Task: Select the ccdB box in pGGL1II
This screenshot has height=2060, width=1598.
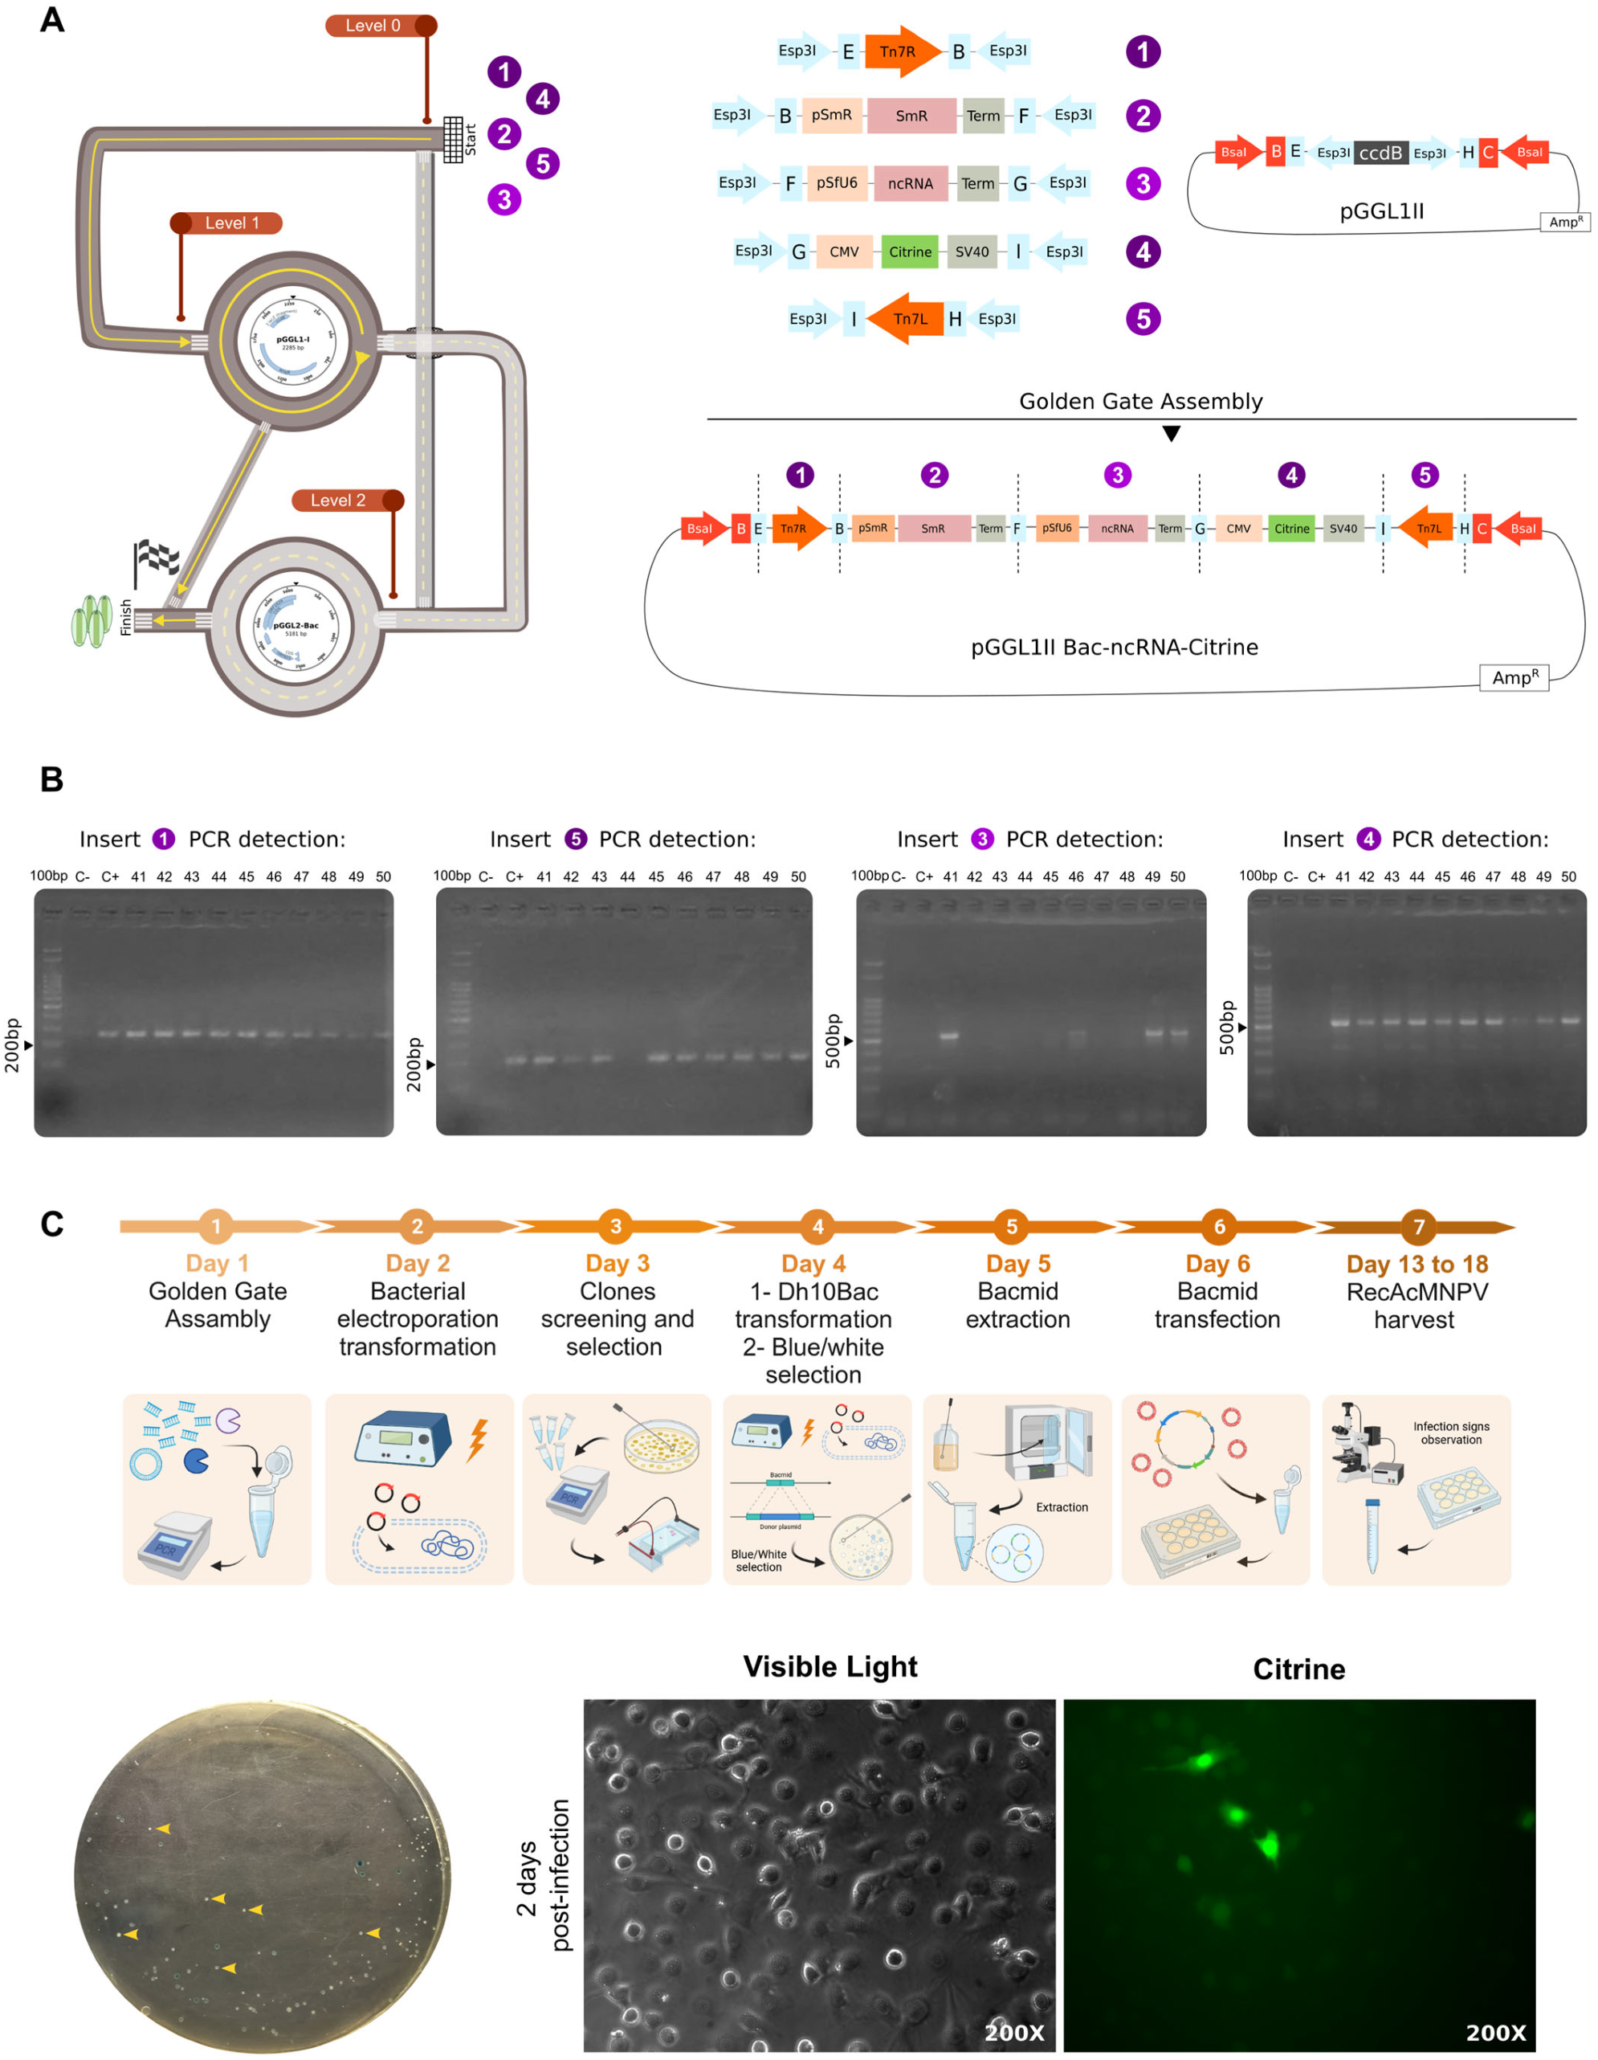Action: tap(1380, 153)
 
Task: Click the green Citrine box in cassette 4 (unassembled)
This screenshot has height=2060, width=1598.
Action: tap(910, 251)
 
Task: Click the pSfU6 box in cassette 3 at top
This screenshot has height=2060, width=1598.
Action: tap(836, 183)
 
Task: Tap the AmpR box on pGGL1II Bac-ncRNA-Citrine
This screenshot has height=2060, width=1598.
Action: tap(1513, 678)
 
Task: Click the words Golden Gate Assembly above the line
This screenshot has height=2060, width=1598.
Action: tap(1139, 402)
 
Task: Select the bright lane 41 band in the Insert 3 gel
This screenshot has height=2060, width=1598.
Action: tap(948, 1036)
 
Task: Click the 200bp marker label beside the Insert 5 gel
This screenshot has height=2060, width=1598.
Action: tap(413, 1065)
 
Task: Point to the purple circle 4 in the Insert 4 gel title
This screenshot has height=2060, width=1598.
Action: tap(1368, 839)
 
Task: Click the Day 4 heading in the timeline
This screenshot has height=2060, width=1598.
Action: tap(813, 1264)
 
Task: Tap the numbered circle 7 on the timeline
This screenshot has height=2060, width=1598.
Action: tap(1418, 1226)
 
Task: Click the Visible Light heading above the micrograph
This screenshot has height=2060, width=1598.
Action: tap(830, 1666)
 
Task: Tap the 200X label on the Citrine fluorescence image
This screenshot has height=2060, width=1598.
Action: tap(1495, 2033)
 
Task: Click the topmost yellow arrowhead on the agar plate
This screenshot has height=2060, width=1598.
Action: tap(163, 1829)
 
